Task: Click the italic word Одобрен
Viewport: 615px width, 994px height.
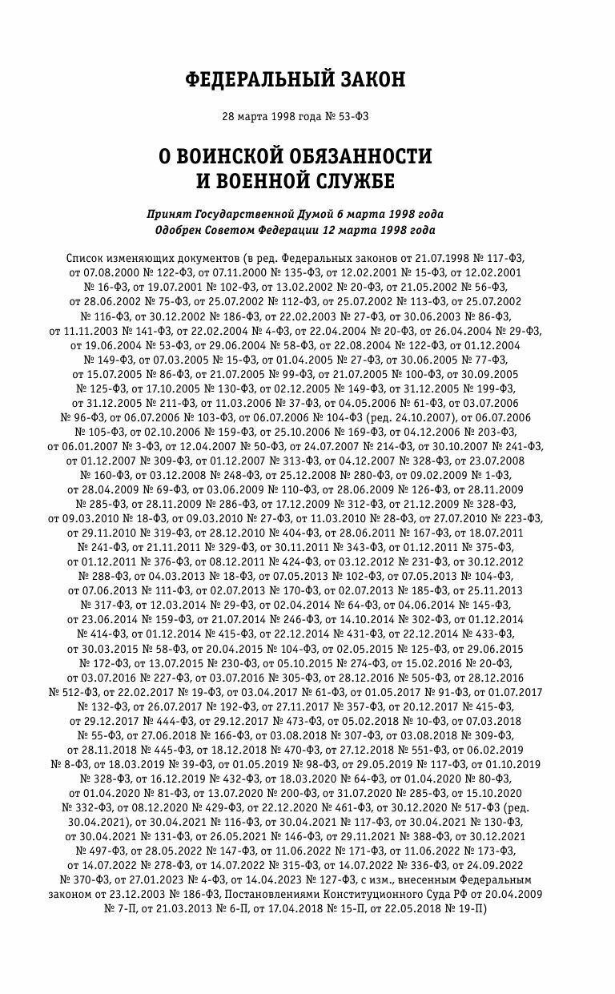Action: pos(185,231)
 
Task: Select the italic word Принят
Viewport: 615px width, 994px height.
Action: pos(170,215)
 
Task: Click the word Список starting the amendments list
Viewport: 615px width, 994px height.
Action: pos(83,259)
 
